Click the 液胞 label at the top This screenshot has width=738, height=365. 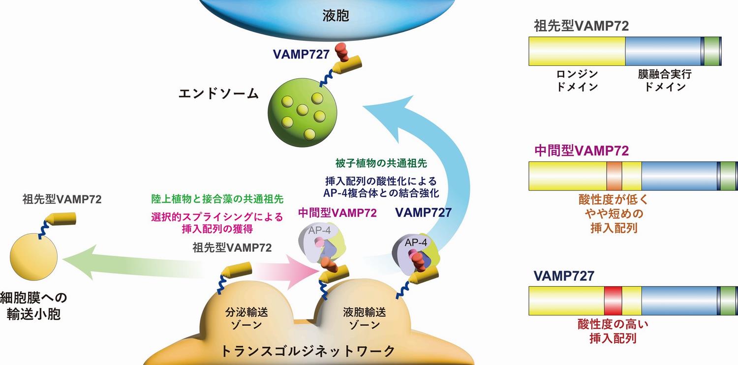(x=336, y=16)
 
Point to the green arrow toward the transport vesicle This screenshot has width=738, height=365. (x=133, y=263)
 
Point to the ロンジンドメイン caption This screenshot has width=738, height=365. (x=577, y=80)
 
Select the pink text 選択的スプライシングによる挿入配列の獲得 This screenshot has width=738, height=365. (x=218, y=222)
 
